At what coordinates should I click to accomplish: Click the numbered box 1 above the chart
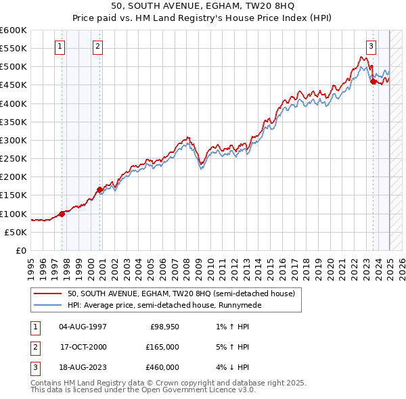tap(60, 47)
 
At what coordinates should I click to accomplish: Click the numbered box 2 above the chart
tap(98, 47)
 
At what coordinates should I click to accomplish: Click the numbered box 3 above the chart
tap(371, 47)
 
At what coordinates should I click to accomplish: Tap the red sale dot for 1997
tap(62, 214)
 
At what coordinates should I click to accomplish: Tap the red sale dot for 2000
tap(99, 189)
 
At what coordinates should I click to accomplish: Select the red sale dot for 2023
tap(373, 82)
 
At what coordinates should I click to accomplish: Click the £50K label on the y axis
tap(16, 232)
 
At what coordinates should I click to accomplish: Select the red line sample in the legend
tap(48, 294)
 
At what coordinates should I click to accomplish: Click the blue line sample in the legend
tap(48, 305)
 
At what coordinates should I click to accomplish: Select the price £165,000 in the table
tap(163, 347)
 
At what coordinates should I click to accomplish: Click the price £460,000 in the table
tap(163, 367)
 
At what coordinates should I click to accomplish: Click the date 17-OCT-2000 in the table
tap(83, 347)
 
